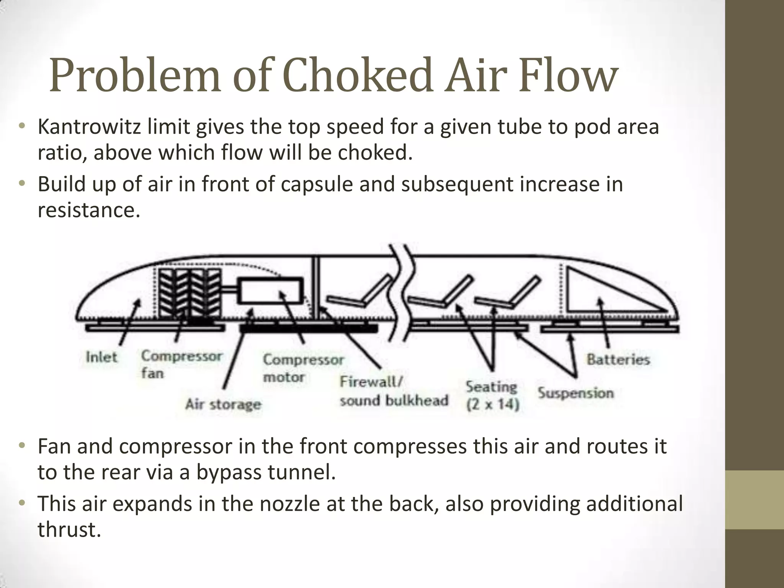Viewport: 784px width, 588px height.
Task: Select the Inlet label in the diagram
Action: (x=101, y=357)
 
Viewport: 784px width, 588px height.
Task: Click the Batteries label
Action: (x=618, y=359)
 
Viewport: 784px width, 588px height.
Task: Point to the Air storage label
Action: (x=223, y=404)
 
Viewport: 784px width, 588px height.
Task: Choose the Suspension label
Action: (x=575, y=393)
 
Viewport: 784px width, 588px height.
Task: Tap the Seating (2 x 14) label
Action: (x=492, y=395)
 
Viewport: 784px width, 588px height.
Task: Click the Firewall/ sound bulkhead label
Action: (x=393, y=391)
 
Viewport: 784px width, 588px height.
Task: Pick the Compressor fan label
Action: (x=181, y=364)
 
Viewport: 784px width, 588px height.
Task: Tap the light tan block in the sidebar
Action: (x=755, y=500)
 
